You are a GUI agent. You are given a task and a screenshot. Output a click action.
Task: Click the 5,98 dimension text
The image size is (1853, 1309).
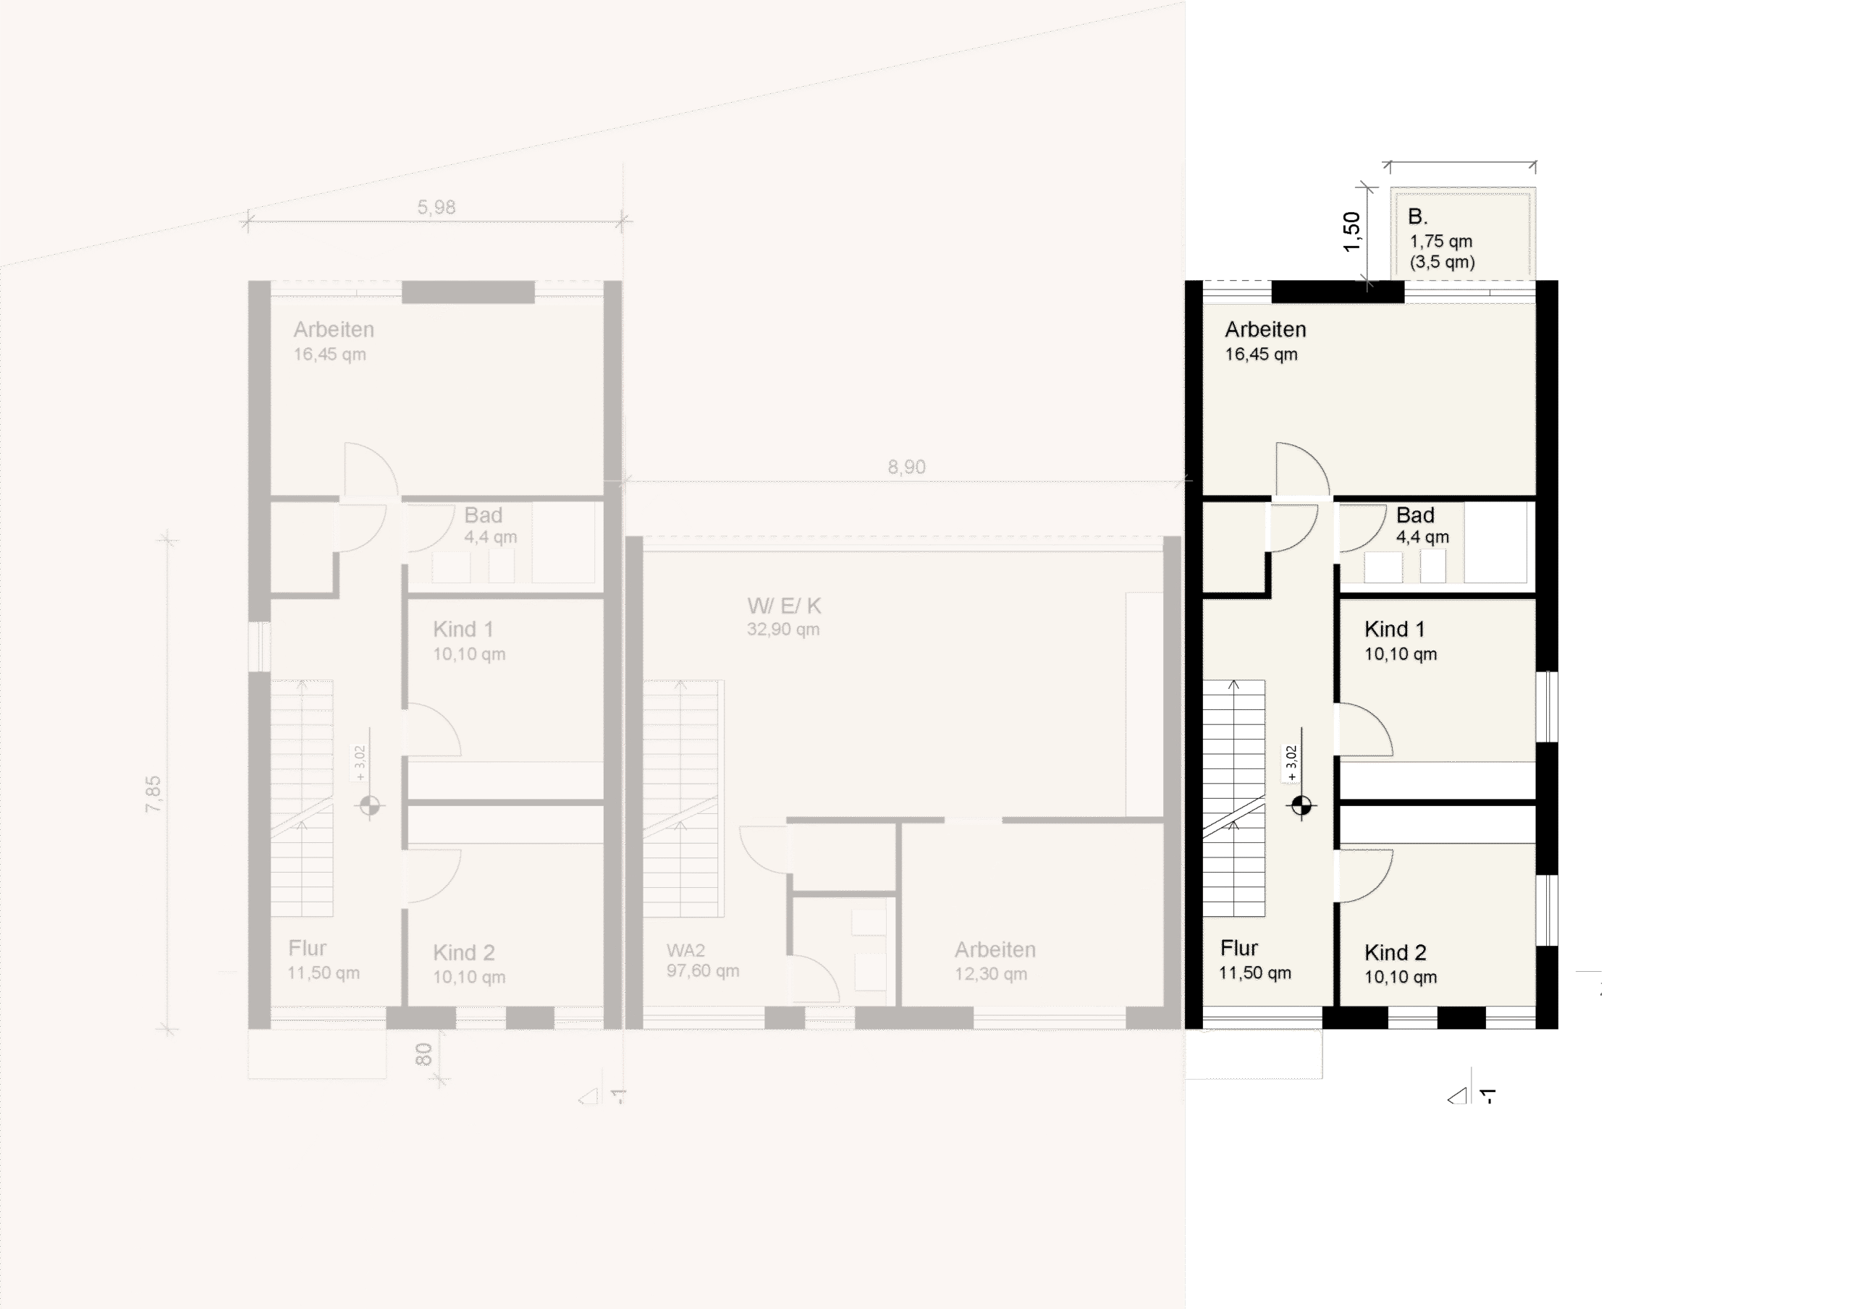(x=436, y=208)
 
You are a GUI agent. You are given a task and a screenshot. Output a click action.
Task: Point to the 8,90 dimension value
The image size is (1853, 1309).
(x=906, y=467)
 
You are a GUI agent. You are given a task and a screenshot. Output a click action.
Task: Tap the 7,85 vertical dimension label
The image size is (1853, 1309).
(x=153, y=794)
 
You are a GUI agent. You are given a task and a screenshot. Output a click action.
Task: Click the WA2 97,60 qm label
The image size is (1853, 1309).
(x=702, y=960)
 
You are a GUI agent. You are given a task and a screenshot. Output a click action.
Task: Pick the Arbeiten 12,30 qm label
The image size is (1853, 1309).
(x=995, y=960)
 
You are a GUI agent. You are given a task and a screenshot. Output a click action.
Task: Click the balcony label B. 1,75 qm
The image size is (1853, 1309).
(x=1440, y=238)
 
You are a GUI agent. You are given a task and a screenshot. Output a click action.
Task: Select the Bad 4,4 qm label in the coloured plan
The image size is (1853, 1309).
(x=1420, y=525)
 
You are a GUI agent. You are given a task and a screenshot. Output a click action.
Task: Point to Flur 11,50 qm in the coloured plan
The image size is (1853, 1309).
(x=1254, y=959)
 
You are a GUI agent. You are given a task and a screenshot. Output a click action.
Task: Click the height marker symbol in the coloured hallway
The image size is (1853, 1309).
(x=1301, y=805)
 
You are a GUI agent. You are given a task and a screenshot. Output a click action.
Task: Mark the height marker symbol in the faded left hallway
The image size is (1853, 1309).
(x=371, y=805)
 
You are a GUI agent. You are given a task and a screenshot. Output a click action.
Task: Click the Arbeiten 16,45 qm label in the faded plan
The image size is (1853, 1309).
(x=332, y=340)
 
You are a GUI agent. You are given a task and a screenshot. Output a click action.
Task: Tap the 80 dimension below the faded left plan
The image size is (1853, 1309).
(x=423, y=1054)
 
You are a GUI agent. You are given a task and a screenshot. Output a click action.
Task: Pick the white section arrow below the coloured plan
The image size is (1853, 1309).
(x=1459, y=1097)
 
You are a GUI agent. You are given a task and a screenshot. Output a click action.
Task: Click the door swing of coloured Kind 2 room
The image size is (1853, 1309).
(x=1364, y=876)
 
